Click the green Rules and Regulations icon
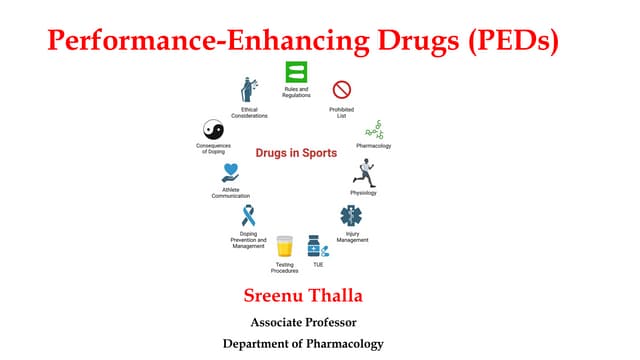pyautogui.click(x=296, y=72)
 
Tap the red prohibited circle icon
pyautogui.click(x=342, y=90)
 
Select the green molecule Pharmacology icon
pyautogui.click(x=373, y=129)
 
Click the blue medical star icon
pyautogui.click(x=351, y=216)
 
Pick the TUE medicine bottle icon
pyautogui.click(x=316, y=246)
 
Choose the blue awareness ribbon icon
pyautogui.click(x=248, y=216)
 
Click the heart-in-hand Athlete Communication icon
pyautogui.click(x=231, y=173)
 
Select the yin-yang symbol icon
pyautogui.click(x=213, y=130)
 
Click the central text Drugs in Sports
pyautogui.click(x=296, y=153)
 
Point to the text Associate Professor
pyautogui.click(x=302, y=322)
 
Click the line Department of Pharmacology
pyautogui.click(x=302, y=344)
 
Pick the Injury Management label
pyautogui.click(x=352, y=238)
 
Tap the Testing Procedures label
pyautogui.click(x=284, y=268)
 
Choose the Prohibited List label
pyautogui.click(x=342, y=112)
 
